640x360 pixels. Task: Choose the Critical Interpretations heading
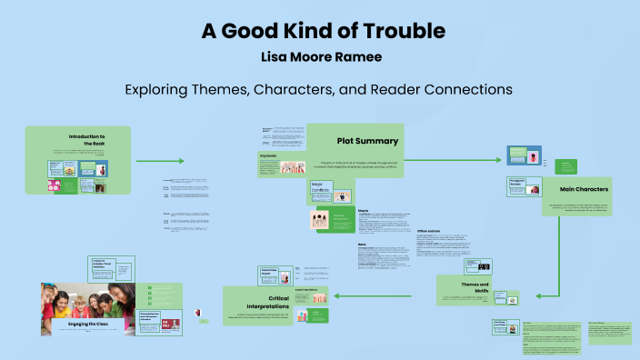coord(267,302)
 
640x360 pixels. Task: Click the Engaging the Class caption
coord(87,323)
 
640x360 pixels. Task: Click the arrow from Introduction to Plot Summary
coord(160,161)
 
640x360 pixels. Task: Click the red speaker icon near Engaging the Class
coord(196,313)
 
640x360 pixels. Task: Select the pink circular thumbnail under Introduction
coord(56,185)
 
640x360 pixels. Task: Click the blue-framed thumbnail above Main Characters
coord(524,155)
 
